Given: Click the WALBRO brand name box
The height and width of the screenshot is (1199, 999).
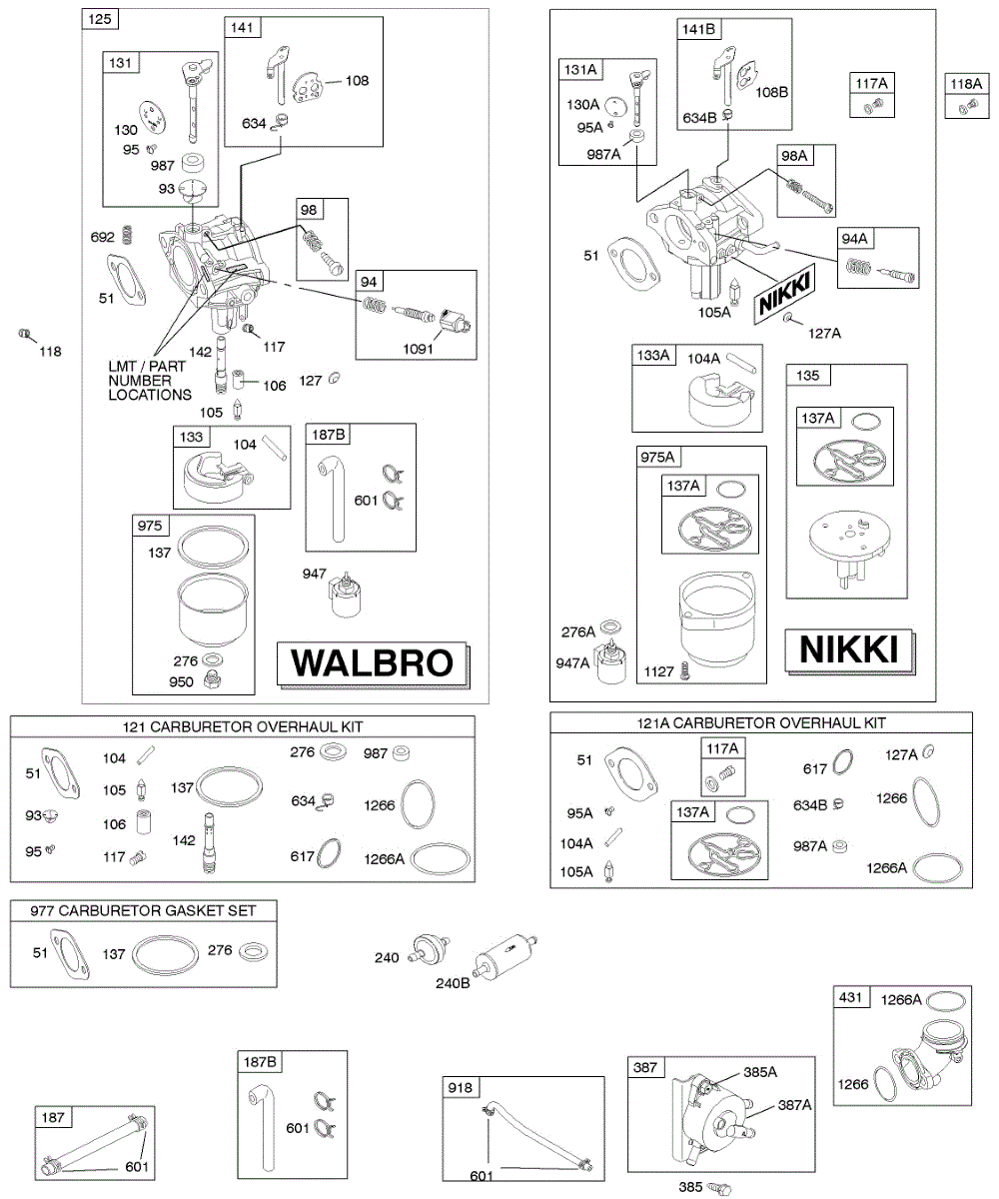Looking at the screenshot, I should click(373, 662).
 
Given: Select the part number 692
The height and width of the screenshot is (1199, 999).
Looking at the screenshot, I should click(104, 238).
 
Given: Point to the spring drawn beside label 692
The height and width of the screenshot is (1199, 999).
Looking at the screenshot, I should click(127, 236).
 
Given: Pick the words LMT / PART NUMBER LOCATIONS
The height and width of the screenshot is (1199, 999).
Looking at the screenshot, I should click(150, 381).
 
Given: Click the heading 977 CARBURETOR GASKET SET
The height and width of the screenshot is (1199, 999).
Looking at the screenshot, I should click(143, 910).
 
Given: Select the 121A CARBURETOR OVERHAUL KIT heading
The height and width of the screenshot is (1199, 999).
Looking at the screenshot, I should click(760, 722).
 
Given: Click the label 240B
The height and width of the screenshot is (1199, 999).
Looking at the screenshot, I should click(452, 982).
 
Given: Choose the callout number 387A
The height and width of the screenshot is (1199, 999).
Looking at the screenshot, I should click(795, 1105).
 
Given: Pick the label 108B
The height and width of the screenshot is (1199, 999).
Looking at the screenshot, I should click(771, 92).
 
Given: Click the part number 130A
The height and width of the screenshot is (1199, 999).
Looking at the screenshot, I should click(582, 104).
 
